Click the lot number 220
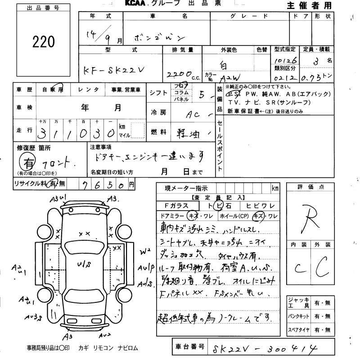44,42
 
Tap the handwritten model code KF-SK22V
115,70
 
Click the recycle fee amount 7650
106,184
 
